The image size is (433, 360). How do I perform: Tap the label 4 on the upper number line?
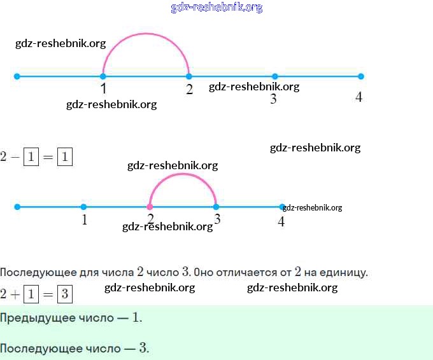click(x=359, y=97)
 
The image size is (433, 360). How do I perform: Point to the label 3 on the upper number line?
click(x=273, y=99)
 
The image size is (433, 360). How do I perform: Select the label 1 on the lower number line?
click(x=84, y=220)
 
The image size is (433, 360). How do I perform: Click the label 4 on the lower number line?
click(x=281, y=221)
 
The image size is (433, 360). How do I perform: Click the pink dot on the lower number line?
click(x=150, y=207)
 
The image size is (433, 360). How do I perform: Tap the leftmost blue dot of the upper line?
click(x=17, y=76)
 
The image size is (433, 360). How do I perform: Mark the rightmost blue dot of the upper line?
click(x=361, y=76)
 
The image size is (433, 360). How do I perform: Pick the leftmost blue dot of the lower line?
click(x=17, y=207)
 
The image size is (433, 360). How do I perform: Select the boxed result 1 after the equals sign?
click(x=65, y=156)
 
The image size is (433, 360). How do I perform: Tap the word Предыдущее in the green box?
click(x=32, y=318)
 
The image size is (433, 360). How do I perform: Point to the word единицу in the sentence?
click(x=346, y=273)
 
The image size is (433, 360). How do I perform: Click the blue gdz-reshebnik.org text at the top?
click(x=216, y=8)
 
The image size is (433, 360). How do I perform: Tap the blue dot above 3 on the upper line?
click(x=275, y=76)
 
